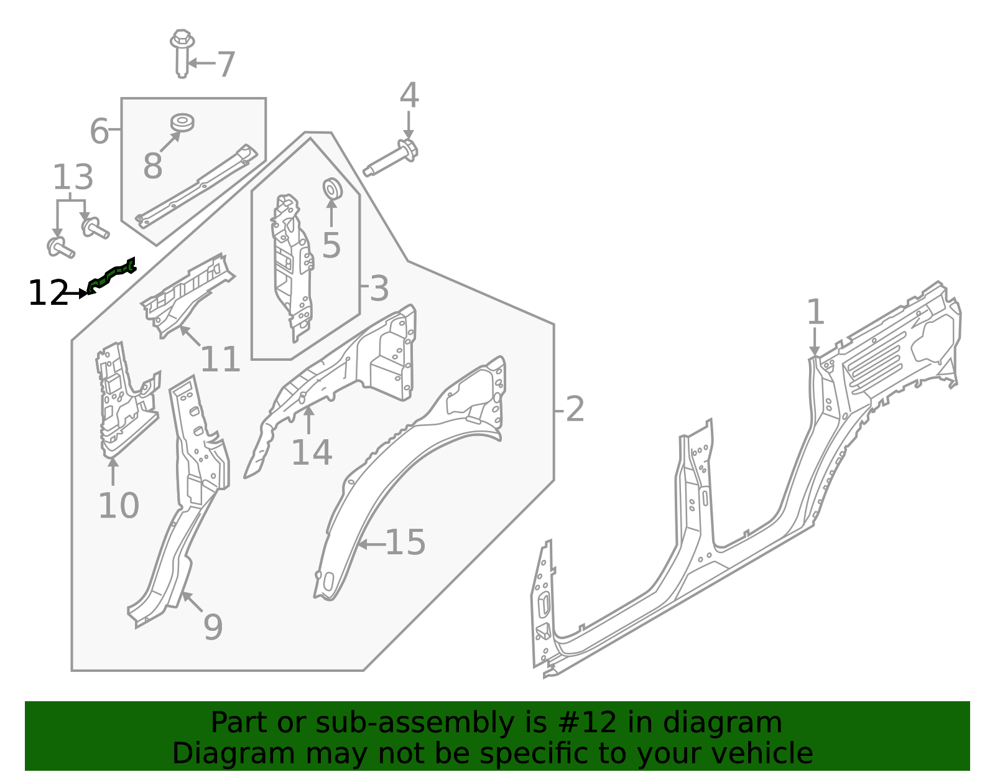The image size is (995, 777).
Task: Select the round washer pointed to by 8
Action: coord(182,122)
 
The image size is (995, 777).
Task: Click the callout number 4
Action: coord(409,96)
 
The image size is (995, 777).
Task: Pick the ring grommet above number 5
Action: coord(331,188)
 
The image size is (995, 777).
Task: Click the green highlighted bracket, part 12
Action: coord(112,276)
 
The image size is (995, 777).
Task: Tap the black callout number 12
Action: coord(48,293)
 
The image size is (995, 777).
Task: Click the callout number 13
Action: coord(73,178)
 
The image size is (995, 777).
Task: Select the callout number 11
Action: coord(220,360)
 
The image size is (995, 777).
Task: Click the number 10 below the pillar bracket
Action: coord(118,505)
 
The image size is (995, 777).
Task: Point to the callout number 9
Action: coord(213,627)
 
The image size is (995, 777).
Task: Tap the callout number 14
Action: coord(312,452)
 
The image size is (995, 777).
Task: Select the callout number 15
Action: coord(405,542)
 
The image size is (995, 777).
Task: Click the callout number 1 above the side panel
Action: coord(815,312)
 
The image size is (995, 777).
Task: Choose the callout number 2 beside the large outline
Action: coord(575,409)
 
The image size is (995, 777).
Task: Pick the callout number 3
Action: coord(379,289)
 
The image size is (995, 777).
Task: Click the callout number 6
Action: coord(99,131)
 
